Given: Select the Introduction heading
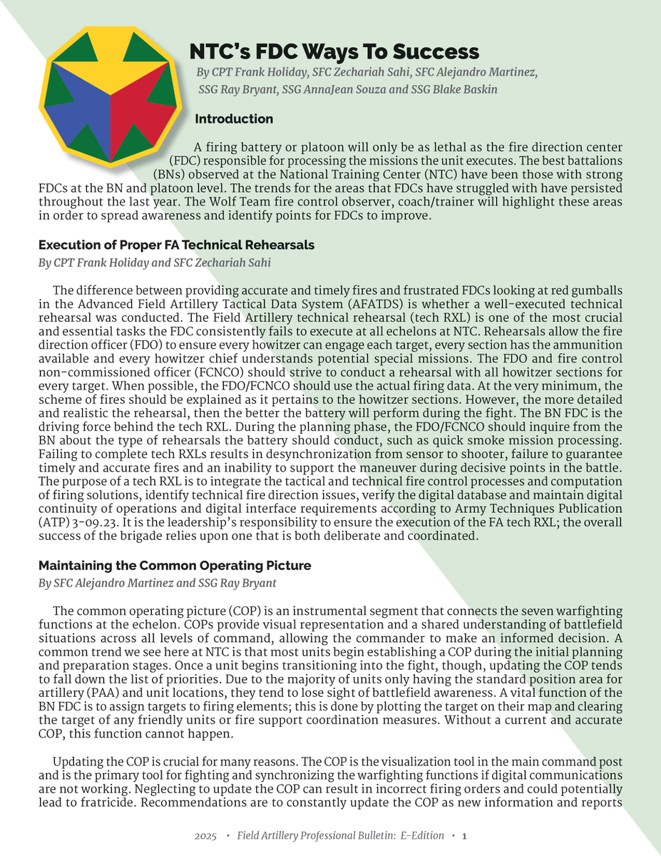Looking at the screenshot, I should (234, 119).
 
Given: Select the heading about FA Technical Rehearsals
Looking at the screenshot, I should (177, 245).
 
